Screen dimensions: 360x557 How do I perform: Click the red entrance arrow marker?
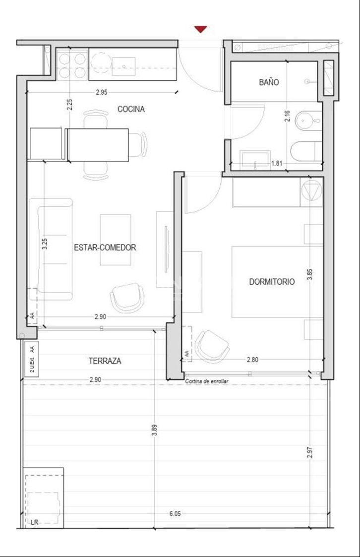201,29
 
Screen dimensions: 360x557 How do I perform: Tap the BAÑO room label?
269,82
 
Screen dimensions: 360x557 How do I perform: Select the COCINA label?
131,109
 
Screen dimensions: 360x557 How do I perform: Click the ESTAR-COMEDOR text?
105,248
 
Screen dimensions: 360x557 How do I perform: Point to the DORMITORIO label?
272,282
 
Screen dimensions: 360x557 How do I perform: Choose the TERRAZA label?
105,361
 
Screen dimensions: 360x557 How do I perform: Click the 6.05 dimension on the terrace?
175,514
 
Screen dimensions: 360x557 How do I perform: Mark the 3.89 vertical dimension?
154,430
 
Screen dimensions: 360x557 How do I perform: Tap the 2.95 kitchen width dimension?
101,92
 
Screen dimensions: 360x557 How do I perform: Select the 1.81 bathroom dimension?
277,163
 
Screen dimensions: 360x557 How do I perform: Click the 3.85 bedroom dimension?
309,275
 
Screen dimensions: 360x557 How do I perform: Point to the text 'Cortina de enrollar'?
207,381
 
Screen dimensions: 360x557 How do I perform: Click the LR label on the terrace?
34,522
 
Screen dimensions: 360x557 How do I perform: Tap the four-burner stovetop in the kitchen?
72,65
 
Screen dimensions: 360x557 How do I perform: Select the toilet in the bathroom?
306,151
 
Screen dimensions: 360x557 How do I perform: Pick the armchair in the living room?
127,298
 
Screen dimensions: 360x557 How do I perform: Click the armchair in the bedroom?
212,346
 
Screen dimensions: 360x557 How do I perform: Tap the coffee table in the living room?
116,240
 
